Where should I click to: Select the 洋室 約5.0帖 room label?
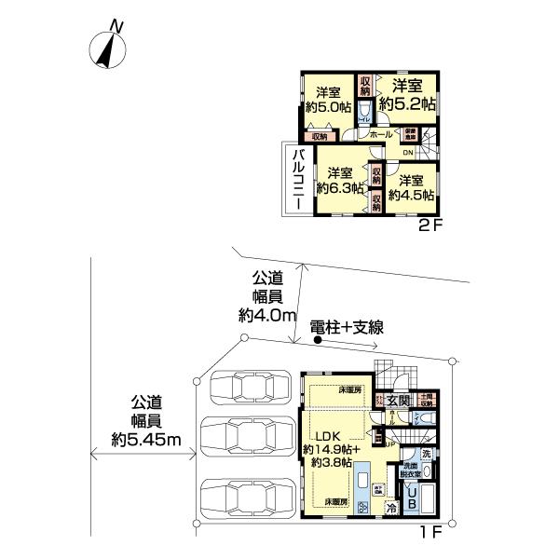click(x=326, y=100)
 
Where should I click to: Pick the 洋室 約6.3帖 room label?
click(x=339, y=181)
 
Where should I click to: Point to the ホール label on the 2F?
click(x=380, y=135)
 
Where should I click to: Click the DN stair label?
click(x=407, y=153)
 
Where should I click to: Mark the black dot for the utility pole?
click(x=319, y=341)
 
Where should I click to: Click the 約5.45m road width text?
click(x=145, y=437)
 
